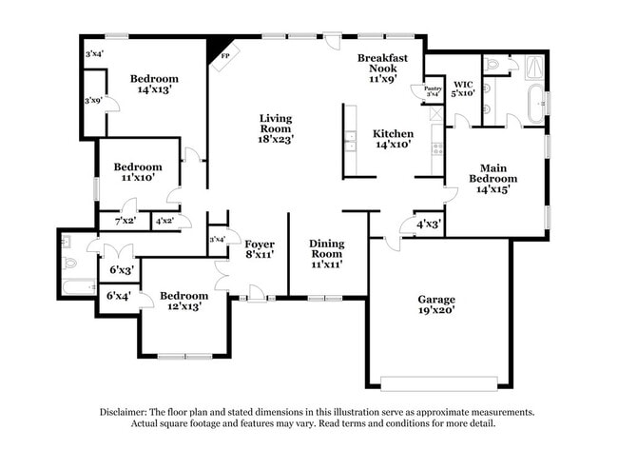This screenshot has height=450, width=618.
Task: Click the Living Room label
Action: [x=277, y=128]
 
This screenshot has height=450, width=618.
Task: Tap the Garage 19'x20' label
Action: [x=436, y=304]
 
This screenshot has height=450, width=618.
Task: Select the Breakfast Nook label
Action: [x=382, y=68]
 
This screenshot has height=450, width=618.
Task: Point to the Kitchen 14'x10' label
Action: [x=393, y=140]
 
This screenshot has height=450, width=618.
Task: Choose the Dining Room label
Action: [x=327, y=254]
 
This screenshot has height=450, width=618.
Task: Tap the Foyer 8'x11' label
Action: [x=260, y=250]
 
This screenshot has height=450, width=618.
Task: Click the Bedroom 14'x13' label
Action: [x=154, y=85]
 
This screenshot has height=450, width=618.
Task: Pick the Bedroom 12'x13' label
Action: [x=183, y=301]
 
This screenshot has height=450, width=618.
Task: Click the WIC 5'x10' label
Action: [x=464, y=88]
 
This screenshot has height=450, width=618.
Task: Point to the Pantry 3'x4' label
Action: [x=420, y=91]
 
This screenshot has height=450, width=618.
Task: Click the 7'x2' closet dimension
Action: [x=125, y=222]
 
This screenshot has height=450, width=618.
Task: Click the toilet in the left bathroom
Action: [x=70, y=262]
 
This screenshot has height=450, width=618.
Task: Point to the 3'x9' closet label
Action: [x=93, y=101]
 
